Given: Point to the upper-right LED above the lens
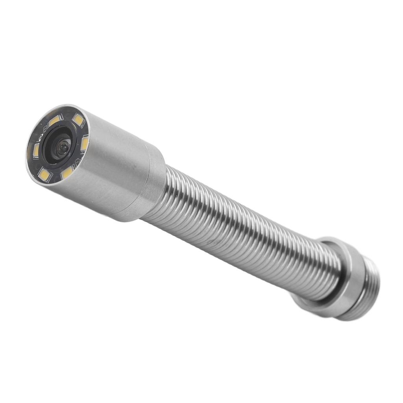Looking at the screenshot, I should (x=78, y=120).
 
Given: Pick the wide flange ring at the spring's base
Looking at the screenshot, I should (x=346, y=275).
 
